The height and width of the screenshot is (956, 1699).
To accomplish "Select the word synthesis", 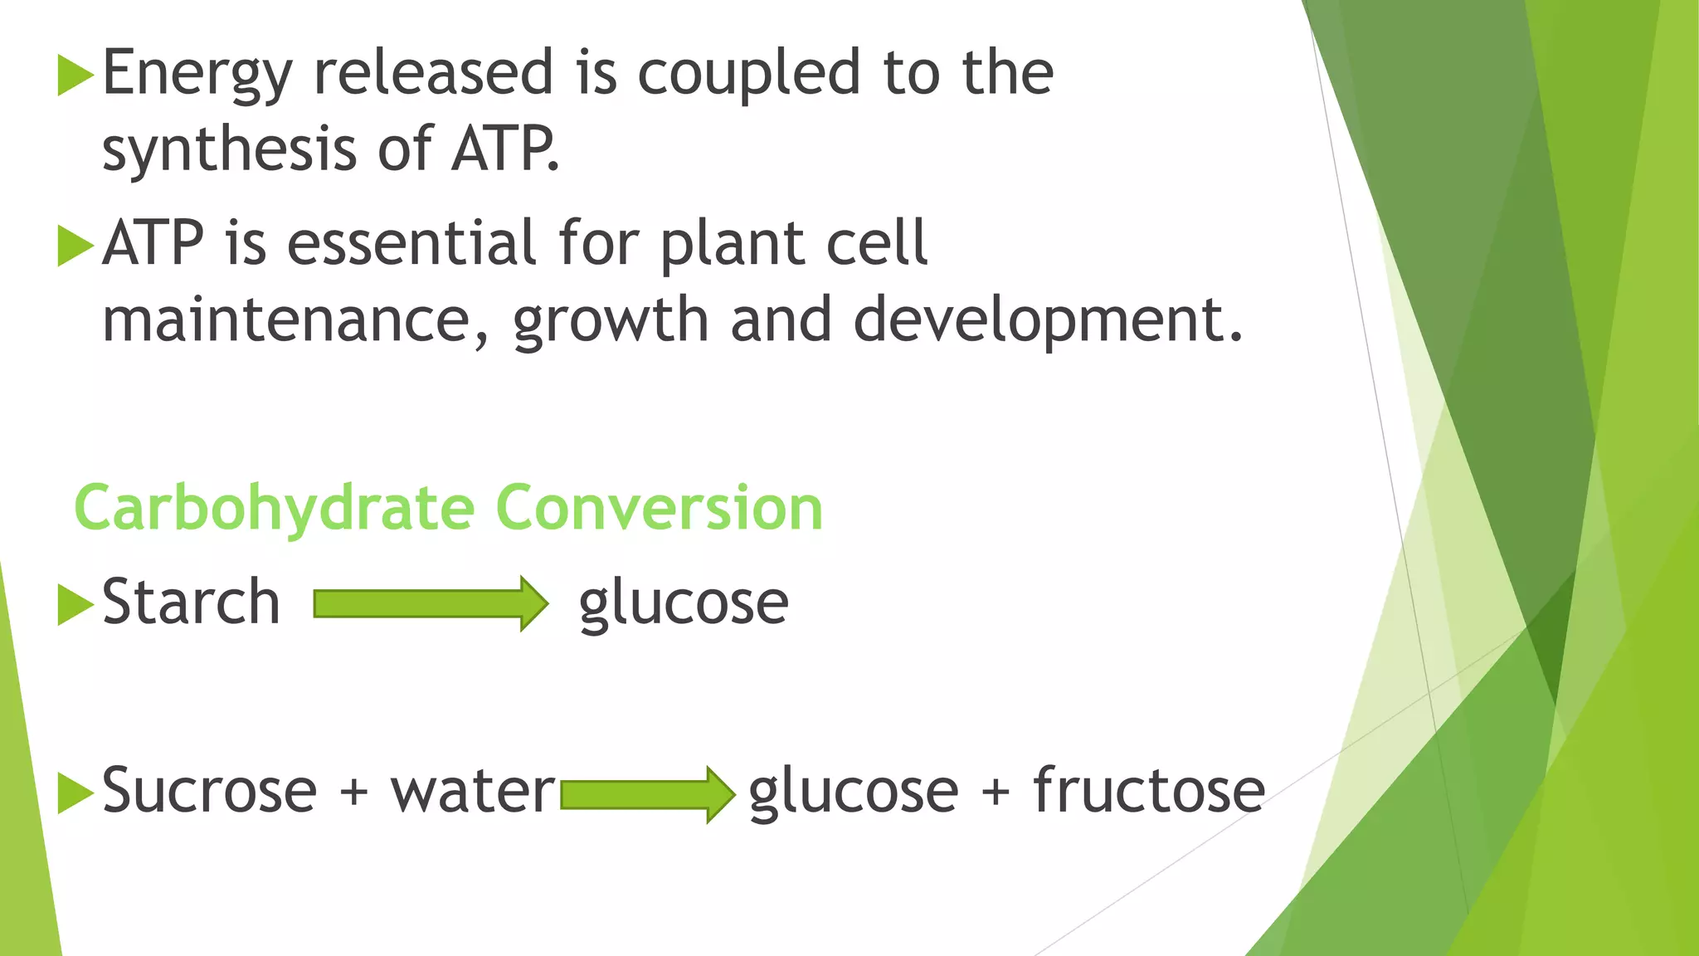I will [x=229, y=149].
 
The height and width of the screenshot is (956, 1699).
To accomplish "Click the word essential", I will [x=411, y=244].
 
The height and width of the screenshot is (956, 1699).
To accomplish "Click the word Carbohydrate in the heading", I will [x=274, y=508].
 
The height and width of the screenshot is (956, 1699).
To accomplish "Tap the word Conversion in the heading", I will [x=659, y=508].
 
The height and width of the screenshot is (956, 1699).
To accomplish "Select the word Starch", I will [x=191, y=602].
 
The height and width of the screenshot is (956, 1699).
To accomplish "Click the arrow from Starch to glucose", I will [x=431, y=603].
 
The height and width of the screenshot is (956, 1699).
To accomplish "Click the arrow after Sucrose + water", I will [x=647, y=794].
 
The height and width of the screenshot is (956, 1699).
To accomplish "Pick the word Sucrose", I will [x=209, y=790].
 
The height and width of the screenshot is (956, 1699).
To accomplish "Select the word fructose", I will [x=1149, y=790].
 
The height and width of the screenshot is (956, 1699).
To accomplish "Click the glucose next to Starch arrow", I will [x=684, y=604].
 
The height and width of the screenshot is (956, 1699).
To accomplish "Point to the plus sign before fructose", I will [x=996, y=792].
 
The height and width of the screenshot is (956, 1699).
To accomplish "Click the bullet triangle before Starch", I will [x=75, y=605].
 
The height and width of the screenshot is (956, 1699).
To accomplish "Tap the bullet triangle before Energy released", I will [x=75, y=76].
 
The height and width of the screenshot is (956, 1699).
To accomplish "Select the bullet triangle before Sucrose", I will [x=75, y=793].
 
